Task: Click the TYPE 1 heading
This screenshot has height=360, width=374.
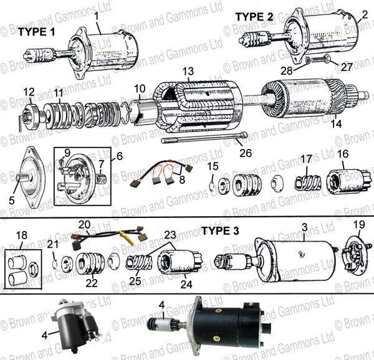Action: (x=37, y=32)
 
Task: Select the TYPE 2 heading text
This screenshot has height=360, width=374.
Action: (x=254, y=17)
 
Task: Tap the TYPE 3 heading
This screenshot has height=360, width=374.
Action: (x=220, y=230)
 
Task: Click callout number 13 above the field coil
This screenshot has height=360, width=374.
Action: (x=188, y=71)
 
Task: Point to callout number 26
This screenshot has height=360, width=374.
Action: (x=246, y=153)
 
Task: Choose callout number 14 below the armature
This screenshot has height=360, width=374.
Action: (x=336, y=124)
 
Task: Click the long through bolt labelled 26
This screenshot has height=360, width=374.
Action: (x=204, y=138)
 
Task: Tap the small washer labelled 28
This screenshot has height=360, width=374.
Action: (x=308, y=61)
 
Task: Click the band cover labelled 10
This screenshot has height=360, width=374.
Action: (x=142, y=111)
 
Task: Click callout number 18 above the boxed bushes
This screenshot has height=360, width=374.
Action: (x=21, y=235)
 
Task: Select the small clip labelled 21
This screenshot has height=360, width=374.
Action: (x=55, y=263)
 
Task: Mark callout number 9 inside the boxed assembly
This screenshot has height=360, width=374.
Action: (x=67, y=153)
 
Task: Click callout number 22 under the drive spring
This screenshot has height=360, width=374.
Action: (x=92, y=283)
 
